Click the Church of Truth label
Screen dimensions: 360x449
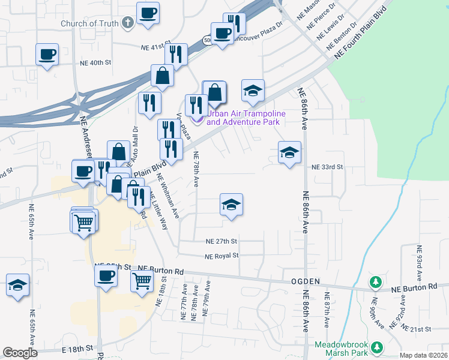89,24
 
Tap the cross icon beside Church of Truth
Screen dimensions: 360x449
127,23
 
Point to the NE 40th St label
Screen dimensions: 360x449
96,62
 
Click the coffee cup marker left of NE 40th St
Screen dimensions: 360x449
47,55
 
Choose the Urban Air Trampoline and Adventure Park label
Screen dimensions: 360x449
244,118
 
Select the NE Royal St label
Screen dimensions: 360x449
221,256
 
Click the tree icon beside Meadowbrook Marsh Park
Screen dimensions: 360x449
377,347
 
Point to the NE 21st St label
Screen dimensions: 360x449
417,329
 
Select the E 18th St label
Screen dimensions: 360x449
77,347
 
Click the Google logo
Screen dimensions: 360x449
20,353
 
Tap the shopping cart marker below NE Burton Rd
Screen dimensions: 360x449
142,280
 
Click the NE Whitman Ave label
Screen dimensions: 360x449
168,196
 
